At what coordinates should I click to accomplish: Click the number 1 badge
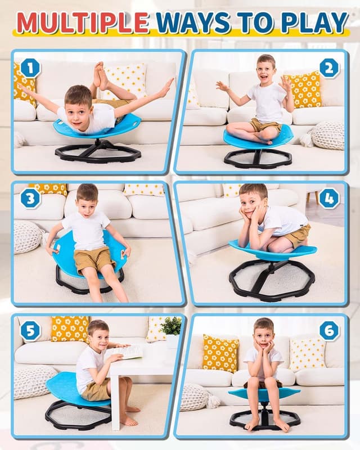pyautogui.click(x=30, y=69)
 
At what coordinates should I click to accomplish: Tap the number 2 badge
pyautogui.click(x=329, y=68)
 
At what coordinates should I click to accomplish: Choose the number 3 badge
pyautogui.click(x=30, y=198)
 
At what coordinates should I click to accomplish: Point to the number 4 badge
pyautogui.click(x=329, y=198)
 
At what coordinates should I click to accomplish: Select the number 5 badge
pyautogui.click(x=30, y=331)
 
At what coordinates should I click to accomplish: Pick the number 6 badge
pyautogui.click(x=329, y=331)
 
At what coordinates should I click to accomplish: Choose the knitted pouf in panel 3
pyautogui.click(x=28, y=236)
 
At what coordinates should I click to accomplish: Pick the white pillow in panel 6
pyautogui.click(x=307, y=354)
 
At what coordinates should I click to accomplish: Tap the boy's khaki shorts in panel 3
pyautogui.click(x=93, y=259)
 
